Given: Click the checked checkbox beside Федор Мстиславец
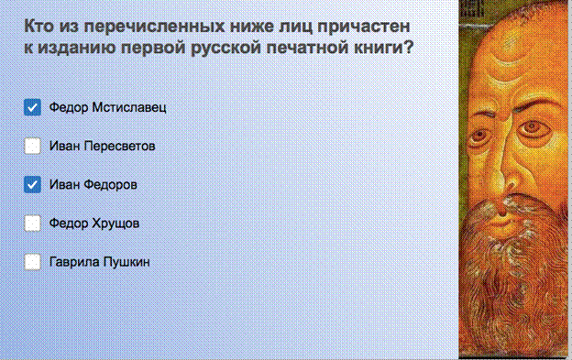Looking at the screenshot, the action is [x=32, y=107].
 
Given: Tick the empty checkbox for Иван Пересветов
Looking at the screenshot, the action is [x=32, y=147].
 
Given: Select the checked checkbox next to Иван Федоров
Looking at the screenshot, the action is [x=32, y=185].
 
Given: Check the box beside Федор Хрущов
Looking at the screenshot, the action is [x=32, y=224].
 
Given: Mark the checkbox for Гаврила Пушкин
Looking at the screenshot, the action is [x=32, y=262].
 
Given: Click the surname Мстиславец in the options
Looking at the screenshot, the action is [x=129, y=107].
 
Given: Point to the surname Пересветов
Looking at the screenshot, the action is [x=120, y=147].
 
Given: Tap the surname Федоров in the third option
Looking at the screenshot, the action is [x=111, y=185].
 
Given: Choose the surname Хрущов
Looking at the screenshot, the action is [x=115, y=224].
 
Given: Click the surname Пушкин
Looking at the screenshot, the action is [x=126, y=262].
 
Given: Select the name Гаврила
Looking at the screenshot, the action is [x=74, y=262].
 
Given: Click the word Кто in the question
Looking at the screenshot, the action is [x=38, y=27].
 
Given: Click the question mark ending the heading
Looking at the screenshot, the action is [x=409, y=48].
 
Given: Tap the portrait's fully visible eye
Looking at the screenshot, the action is [x=531, y=128].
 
